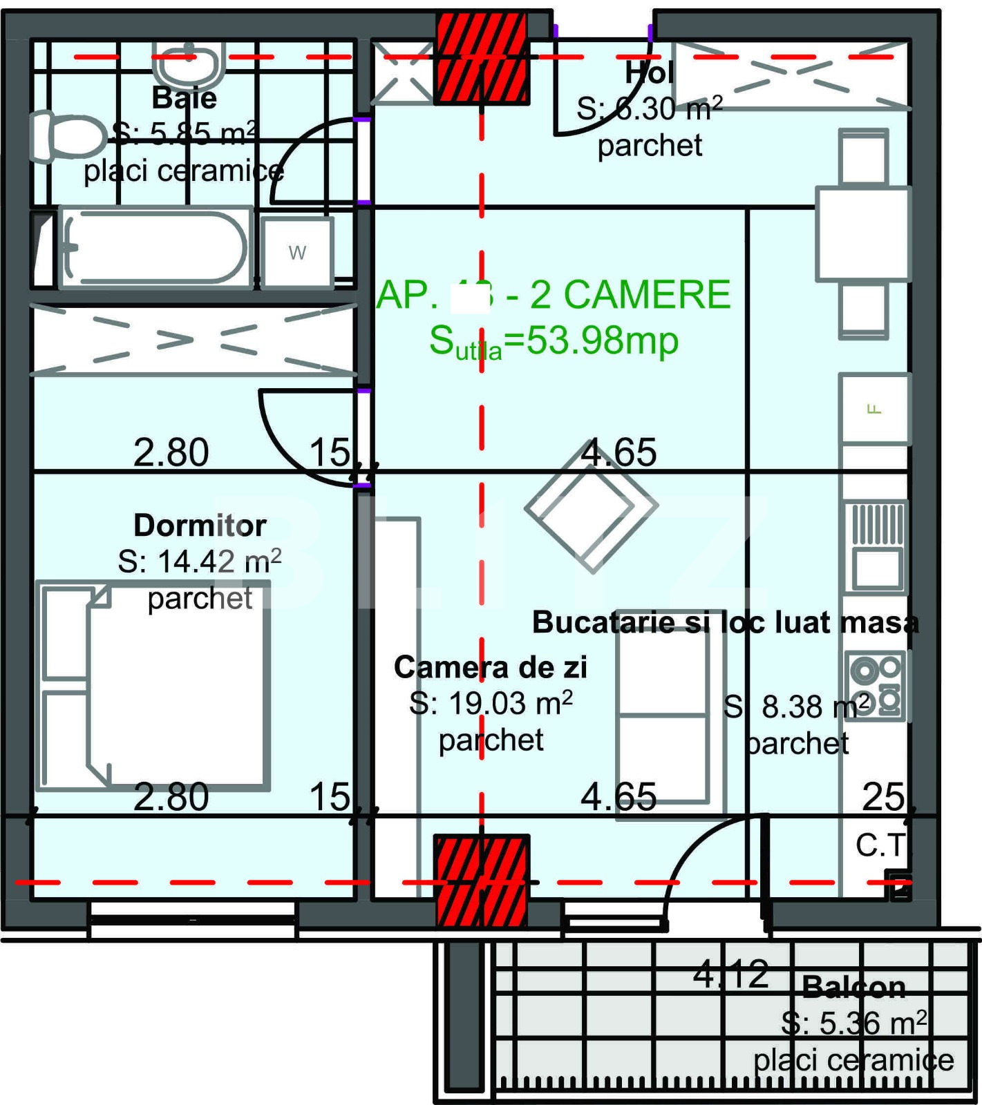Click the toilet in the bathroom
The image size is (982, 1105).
pos(66,137)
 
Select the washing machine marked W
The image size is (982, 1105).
pos(297,252)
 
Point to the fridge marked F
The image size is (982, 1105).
pos(874,408)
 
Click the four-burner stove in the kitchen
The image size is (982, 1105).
pos(875,686)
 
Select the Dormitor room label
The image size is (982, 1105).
pos(200,526)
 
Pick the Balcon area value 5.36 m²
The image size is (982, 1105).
pos(854,1023)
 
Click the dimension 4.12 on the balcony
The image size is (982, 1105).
pos(730,974)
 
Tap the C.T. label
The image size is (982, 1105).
pos(880,845)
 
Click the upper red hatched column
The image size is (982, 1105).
pos(482,59)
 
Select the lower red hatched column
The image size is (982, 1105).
pos(482,881)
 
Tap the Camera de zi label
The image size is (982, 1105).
pos(490,667)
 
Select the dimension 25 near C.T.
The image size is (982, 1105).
pos(882,797)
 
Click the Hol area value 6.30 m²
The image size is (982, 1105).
pos(650,109)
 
